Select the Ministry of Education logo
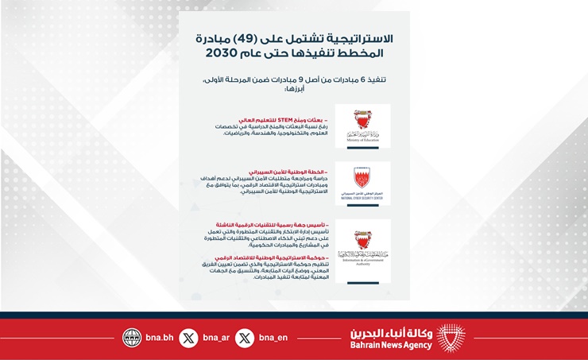coord(362,126)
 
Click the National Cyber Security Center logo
coord(362,184)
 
